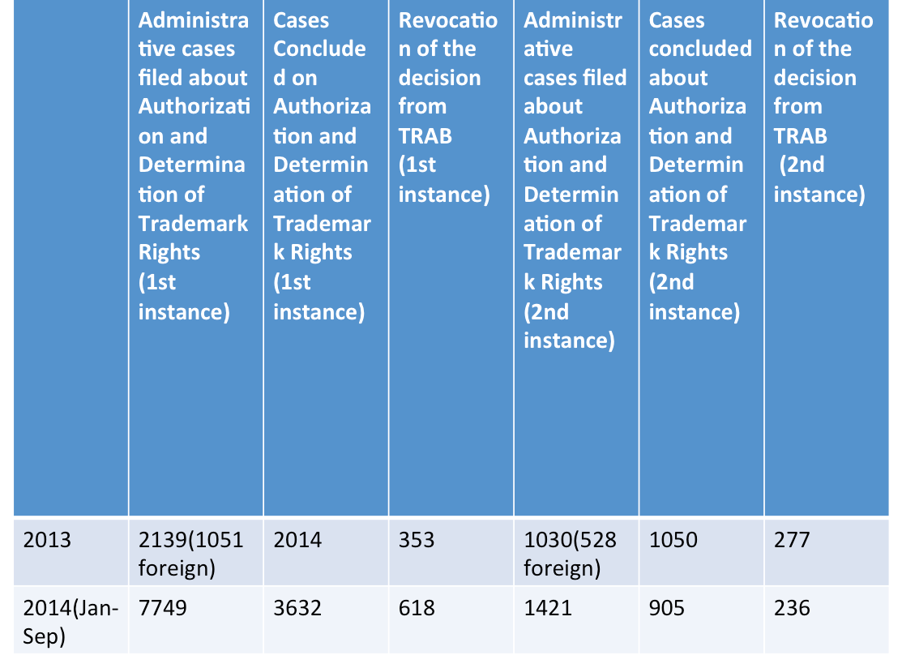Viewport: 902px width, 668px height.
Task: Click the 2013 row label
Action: click(x=47, y=540)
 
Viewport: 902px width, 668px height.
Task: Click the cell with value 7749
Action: click(x=163, y=607)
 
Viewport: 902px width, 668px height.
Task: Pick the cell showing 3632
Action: click(x=297, y=607)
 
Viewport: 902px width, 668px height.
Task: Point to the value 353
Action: click(x=417, y=540)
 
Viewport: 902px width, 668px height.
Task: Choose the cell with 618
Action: click(x=417, y=607)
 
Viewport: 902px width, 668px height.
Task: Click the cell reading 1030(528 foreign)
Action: click(x=570, y=554)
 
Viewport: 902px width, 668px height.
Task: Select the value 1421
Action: click(x=548, y=607)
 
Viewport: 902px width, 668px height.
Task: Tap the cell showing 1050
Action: click(x=673, y=540)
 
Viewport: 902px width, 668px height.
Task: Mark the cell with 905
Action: click(x=667, y=607)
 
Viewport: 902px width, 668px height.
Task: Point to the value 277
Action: click(x=791, y=540)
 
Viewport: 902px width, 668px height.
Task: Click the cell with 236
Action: click(x=791, y=607)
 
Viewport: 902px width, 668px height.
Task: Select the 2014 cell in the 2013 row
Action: click(x=297, y=540)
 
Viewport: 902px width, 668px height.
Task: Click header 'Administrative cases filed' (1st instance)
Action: click(x=194, y=165)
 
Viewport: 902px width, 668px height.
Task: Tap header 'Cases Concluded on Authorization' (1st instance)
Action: click(x=322, y=165)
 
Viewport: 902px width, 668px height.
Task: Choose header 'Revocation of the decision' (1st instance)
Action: click(x=447, y=107)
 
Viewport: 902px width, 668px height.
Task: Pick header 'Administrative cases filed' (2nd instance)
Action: click(x=575, y=180)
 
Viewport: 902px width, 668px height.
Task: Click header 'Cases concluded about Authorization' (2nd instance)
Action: click(x=699, y=165)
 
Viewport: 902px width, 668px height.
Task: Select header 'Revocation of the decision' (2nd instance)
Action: click(x=823, y=107)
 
